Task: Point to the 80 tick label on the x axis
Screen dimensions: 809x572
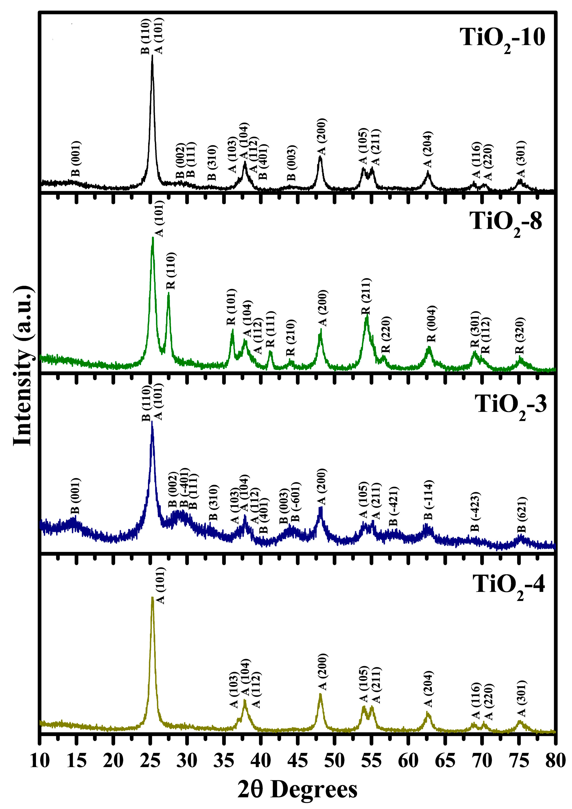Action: [555, 760]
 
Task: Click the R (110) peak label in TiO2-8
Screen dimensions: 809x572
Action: [171, 271]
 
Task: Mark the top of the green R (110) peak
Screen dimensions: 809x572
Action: [169, 293]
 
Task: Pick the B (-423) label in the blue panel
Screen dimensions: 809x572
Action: [475, 512]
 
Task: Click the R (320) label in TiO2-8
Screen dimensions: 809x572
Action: [520, 335]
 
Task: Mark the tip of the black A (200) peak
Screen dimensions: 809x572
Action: [320, 156]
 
